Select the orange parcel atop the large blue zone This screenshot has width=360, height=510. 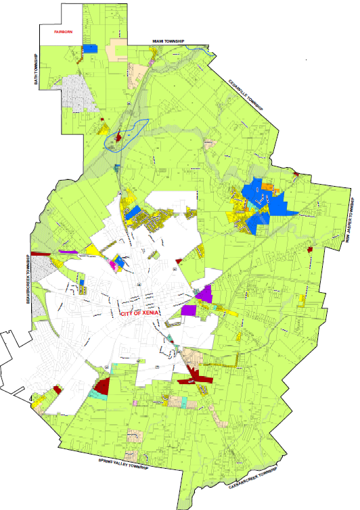tap(267, 185)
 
